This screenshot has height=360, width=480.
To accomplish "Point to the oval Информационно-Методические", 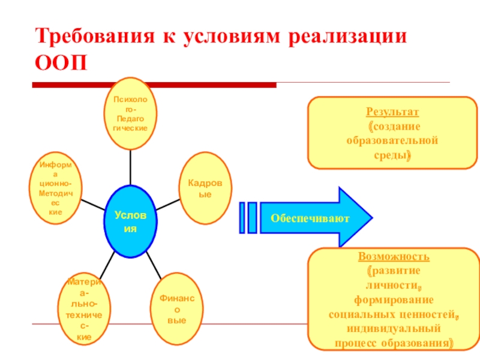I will click(55, 188).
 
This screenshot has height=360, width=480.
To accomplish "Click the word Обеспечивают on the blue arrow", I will click(310, 218).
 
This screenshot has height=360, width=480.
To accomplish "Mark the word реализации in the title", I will click(348, 35).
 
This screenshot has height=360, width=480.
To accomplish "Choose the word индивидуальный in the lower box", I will click(394, 329).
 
